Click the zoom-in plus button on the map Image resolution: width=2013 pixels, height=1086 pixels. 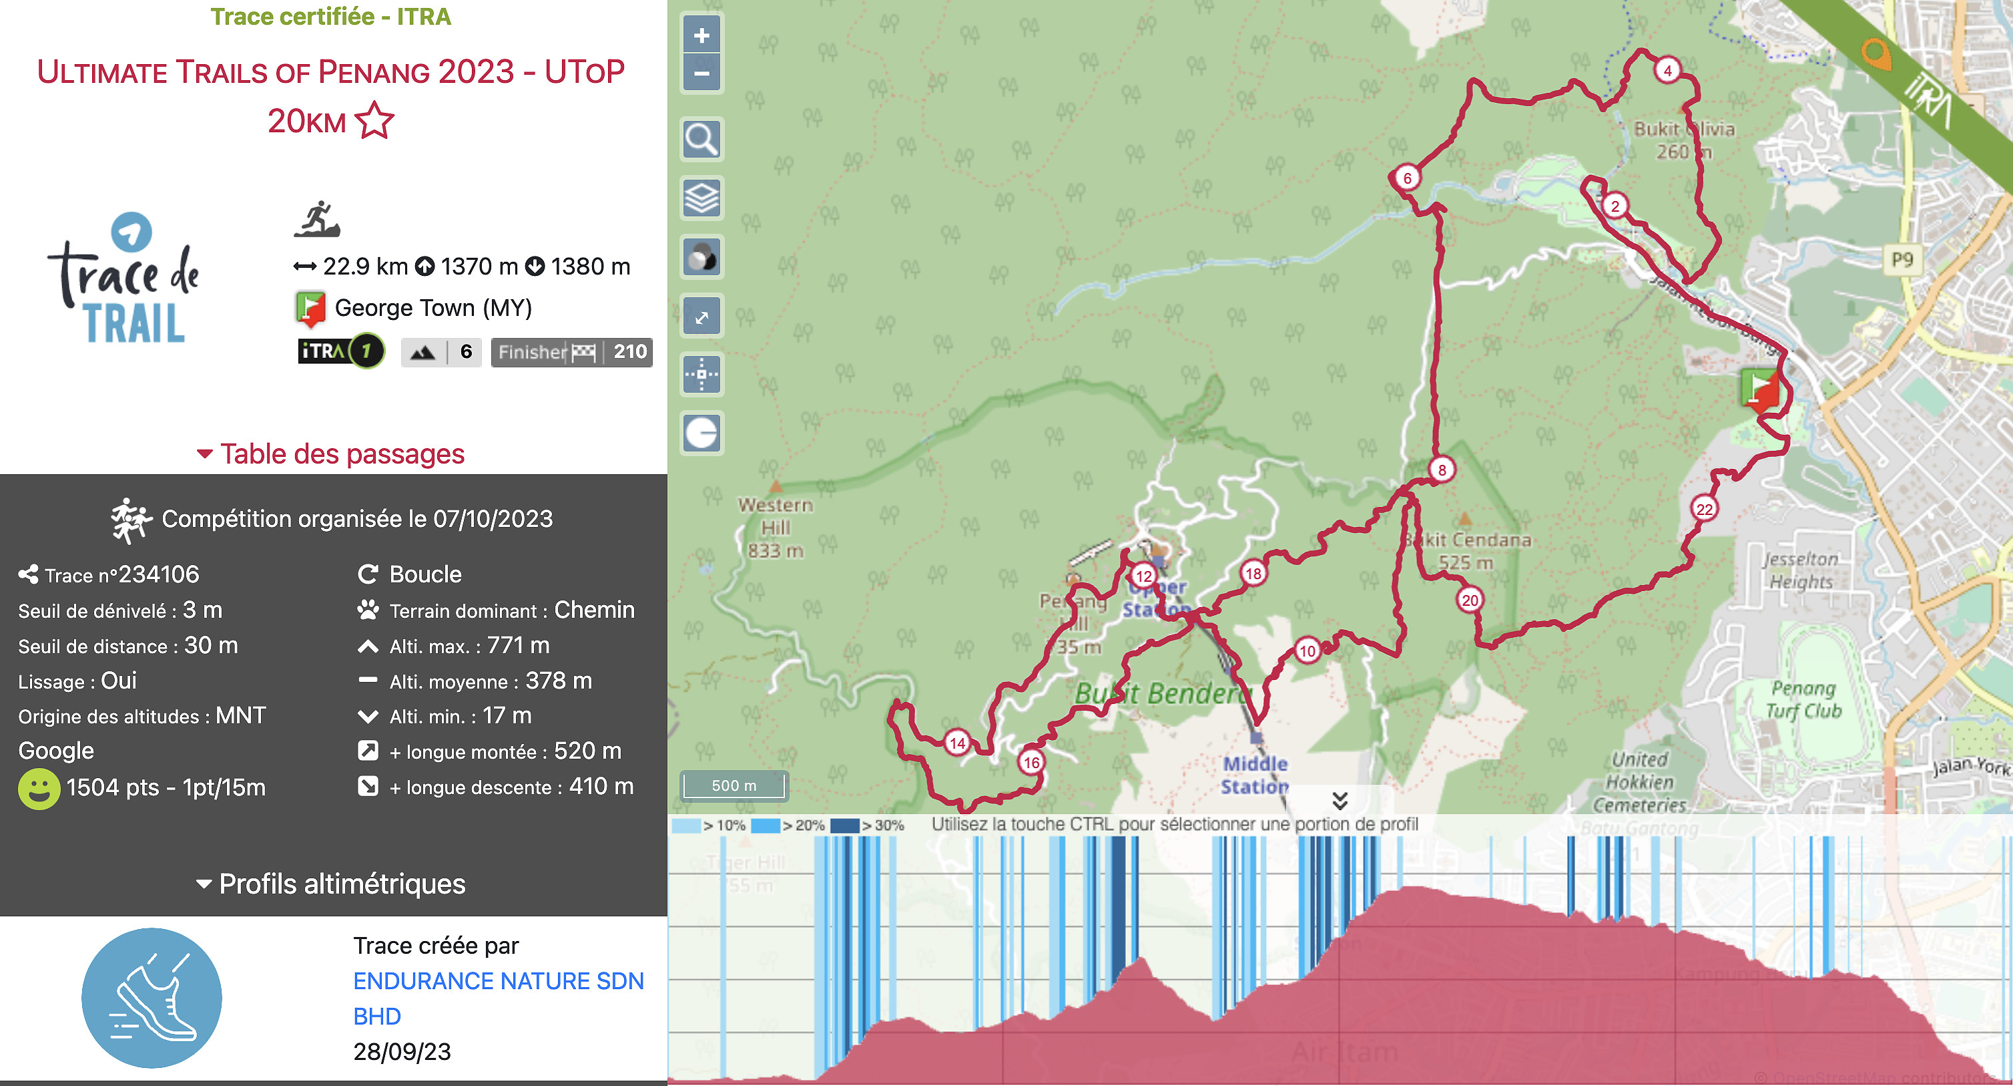(701, 35)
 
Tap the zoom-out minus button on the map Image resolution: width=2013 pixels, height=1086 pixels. (701, 73)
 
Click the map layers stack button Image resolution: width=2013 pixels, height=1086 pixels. (701, 198)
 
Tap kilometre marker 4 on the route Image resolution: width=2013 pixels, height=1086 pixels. (1667, 70)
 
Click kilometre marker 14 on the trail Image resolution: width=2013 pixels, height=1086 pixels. (957, 742)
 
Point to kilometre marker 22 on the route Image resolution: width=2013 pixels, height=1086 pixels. (1705, 509)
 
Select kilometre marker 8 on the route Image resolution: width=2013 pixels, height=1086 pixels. (1442, 469)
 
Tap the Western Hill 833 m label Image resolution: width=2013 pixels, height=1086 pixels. (775, 528)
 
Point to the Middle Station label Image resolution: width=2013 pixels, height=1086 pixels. (1254, 775)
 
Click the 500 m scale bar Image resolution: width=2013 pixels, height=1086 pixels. (734, 785)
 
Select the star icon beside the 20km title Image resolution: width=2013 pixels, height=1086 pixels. (374, 121)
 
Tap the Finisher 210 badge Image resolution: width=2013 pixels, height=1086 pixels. (571, 352)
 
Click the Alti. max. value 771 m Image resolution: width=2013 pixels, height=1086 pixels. (518, 645)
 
